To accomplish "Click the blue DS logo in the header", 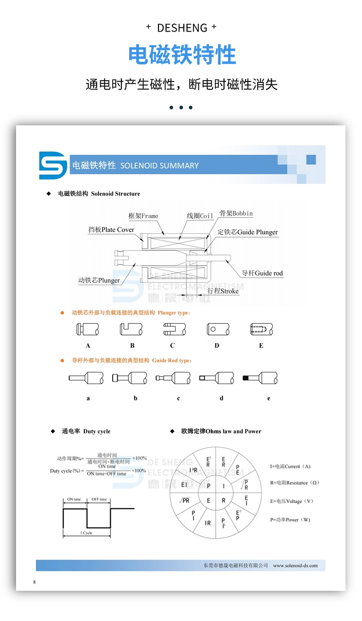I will pos(53,165).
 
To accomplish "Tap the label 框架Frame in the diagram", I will pos(143,216).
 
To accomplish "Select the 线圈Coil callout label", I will pos(200,216).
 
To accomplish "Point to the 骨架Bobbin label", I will pos(236,213).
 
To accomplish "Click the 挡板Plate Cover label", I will pos(111,230).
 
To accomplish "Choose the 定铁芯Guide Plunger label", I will pos(247,232).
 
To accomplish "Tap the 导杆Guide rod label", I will pos(263,273).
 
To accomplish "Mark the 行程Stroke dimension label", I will pos(223,291).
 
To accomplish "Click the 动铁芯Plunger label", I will pos(99,281).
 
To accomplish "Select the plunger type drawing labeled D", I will pos(217,329).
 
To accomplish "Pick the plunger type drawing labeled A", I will pos(88,329).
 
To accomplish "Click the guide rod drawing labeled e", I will pos(260,378).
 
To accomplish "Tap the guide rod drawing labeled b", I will pos(129,378).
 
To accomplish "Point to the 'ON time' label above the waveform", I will pos(74,499).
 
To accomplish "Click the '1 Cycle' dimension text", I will pos(87,533).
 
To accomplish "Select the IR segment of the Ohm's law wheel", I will pos(208,523).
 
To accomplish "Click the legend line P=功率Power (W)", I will pos(290,520).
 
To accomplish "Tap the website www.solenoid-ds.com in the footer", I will pos(295,566).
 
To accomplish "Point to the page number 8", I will pos(34,582).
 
